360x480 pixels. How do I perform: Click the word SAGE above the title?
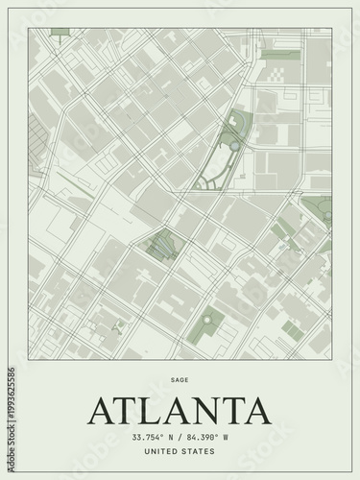point(180,379)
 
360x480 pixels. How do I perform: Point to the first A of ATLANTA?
point(102,410)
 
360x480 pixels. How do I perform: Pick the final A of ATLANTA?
point(256,410)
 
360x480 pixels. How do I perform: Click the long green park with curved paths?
point(223,154)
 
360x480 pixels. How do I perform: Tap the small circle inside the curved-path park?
point(229,143)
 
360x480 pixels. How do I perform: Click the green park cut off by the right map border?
point(320,206)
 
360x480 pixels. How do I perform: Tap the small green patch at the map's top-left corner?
point(60,32)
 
